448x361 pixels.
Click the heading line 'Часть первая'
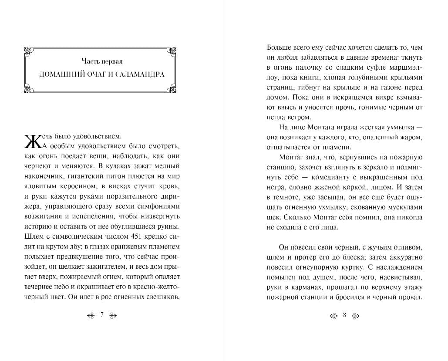pyautogui.click(x=101, y=61)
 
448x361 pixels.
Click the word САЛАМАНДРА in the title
pyautogui.click(x=138, y=74)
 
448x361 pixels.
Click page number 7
pyautogui.click(x=101, y=315)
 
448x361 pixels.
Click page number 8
pyautogui.click(x=344, y=315)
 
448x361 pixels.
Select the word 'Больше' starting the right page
pyautogui.click(x=279, y=47)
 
